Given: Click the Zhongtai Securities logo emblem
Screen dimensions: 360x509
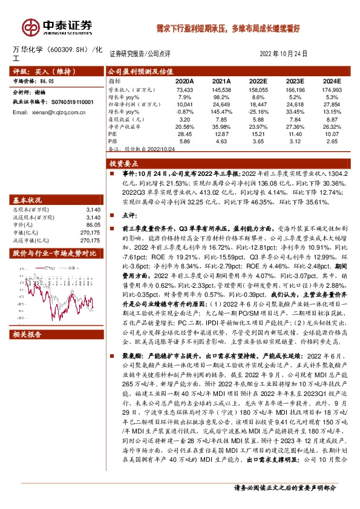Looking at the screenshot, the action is [x=30, y=27].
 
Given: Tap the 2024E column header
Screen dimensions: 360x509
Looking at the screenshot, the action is [x=331, y=80].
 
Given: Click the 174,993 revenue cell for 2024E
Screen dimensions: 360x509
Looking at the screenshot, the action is [x=331, y=89].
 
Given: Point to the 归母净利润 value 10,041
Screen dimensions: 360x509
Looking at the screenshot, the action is [x=184, y=104].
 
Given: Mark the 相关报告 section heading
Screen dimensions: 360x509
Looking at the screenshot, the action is [x=27, y=334].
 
